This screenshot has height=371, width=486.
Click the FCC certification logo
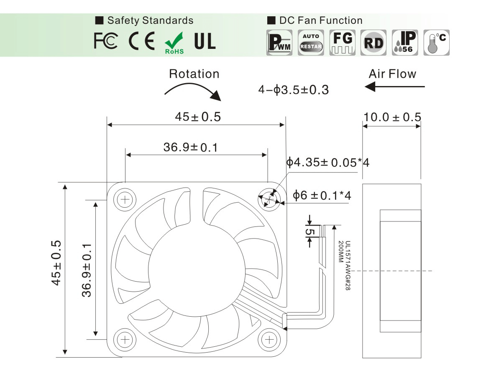pos(106,41)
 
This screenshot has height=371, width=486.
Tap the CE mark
pos(142,41)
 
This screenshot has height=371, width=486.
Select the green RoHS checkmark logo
pos(174,43)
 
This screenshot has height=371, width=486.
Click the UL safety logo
pos(205,41)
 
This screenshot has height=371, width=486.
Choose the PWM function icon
pos(279,43)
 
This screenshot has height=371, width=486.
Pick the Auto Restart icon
pos(311,43)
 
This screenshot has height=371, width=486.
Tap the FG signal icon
pos(343,43)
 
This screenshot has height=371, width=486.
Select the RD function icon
pos(373,43)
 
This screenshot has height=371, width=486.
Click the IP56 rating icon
pos(405,43)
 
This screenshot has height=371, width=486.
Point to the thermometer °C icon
pos(436,43)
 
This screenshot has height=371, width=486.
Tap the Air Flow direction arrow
pos(394,87)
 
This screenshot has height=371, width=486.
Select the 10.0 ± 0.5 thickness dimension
pos(392,117)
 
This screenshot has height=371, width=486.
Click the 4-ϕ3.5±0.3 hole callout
pos(294,90)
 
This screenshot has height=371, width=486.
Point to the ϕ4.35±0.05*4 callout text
pos(328,162)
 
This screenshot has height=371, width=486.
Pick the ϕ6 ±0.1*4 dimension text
pos(322,196)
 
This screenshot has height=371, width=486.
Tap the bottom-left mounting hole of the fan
pos(125,340)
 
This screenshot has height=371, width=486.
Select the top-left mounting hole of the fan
pos(125,199)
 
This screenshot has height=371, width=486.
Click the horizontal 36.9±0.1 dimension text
pos(191,147)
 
